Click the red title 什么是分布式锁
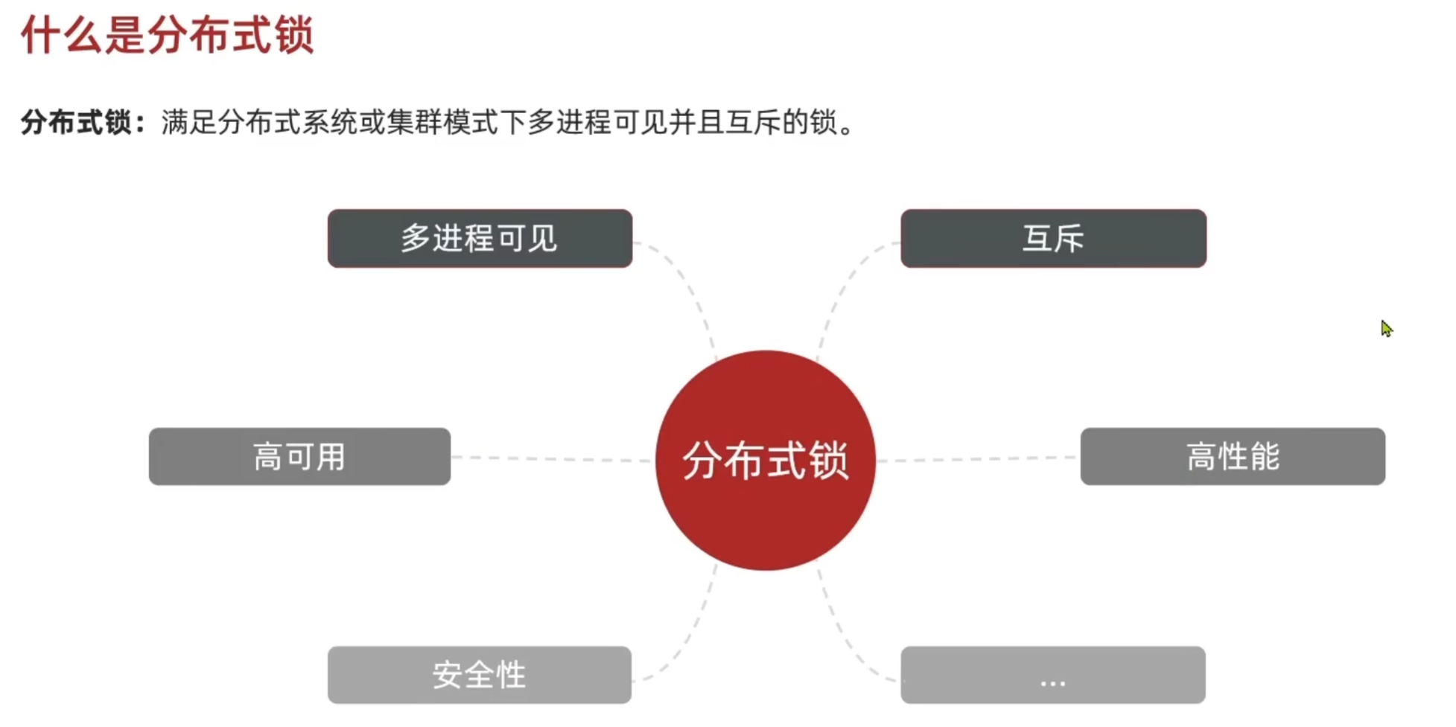click(168, 35)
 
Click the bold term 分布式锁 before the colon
click(76, 122)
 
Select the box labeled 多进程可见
click(480, 239)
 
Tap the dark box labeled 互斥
click(1053, 239)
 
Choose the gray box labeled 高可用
click(299, 457)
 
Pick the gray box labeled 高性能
click(1233, 457)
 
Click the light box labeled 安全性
click(480, 675)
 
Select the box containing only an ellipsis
click(1052, 675)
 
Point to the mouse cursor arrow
click(1385, 327)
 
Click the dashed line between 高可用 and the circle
click(551, 459)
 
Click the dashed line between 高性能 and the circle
click(976, 459)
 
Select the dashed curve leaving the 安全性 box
click(689, 640)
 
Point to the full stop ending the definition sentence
click(846, 128)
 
